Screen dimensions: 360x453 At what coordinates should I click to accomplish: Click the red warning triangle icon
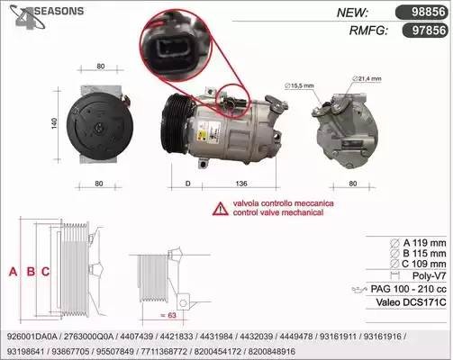pyautogui.click(x=220, y=209)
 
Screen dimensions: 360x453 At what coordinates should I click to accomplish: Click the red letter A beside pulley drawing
pyautogui.click(x=12, y=270)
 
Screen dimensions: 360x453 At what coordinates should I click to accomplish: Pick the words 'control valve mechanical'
pyautogui.click(x=278, y=215)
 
